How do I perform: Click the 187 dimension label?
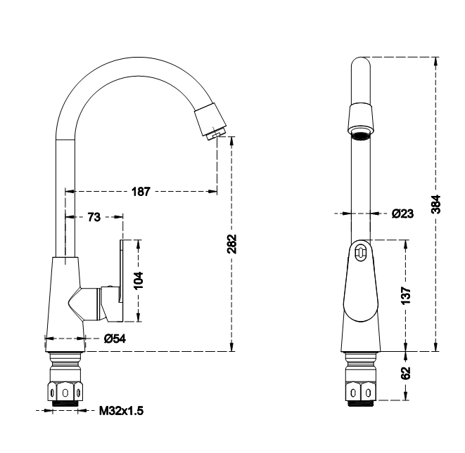(x=142, y=192)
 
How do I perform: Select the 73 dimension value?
(x=94, y=217)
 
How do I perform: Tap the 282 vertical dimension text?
(x=232, y=244)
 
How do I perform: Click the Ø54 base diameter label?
(x=114, y=339)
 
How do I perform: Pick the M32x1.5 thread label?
(x=120, y=411)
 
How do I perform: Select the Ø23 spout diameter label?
(x=402, y=213)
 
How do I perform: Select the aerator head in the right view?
(x=361, y=119)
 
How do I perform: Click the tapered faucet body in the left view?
(x=65, y=295)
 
